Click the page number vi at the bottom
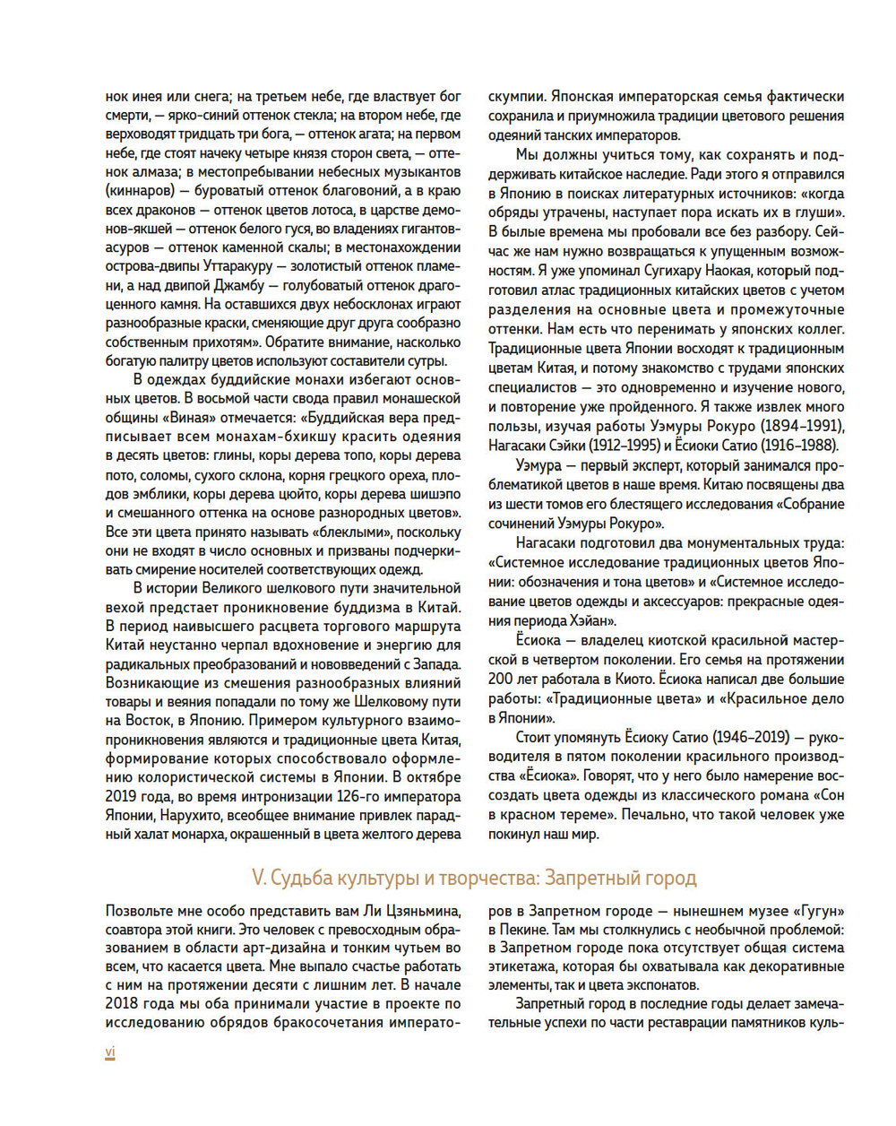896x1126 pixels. [110, 1052]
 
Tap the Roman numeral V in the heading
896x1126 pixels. [256, 877]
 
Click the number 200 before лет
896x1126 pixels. [501, 679]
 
